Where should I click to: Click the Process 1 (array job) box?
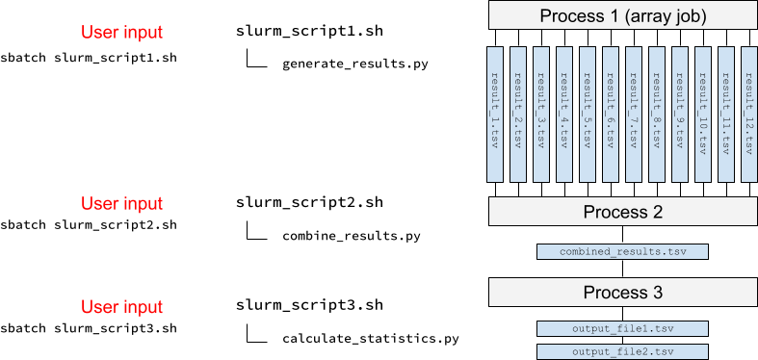(x=622, y=14)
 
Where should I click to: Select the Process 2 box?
(x=622, y=211)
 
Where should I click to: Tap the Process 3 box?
(x=622, y=292)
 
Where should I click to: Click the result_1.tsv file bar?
(x=495, y=114)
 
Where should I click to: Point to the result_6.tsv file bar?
(x=611, y=114)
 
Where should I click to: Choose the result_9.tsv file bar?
(x=680, y=114)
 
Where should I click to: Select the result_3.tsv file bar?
(x=541, y=114)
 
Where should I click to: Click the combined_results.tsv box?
(x=622, y=252)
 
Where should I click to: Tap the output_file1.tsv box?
(x=622, y=328)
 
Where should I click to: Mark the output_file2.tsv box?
(x=622, y=351)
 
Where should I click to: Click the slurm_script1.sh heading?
(x=309, y=32)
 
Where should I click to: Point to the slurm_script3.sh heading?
(x=309, y=305)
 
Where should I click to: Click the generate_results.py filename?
(x=355, y=65)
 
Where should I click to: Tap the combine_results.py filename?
(x=352, y=236)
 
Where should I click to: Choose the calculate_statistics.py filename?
(x=371, y=339)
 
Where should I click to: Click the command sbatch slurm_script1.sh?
(x=89, y=57)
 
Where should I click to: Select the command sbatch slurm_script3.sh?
(x=89, y=329)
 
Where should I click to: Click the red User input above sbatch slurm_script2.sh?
(x=121, y=203)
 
